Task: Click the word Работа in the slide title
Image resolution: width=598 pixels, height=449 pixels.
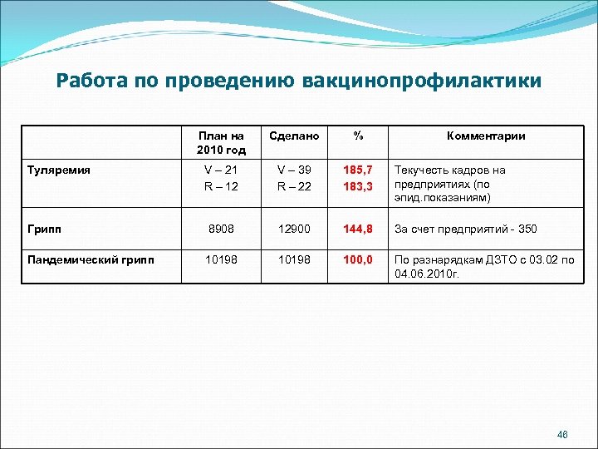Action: point(87,81)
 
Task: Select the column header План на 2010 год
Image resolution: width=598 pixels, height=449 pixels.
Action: point(222,143)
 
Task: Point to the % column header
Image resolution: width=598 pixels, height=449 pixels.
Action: point(358,136)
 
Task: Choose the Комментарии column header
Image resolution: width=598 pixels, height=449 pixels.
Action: point(486,136)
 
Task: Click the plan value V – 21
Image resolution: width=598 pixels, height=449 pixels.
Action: point(222,170)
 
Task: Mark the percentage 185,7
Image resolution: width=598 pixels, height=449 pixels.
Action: point(358,170)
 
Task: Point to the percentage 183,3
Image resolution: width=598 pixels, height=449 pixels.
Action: point(358,186)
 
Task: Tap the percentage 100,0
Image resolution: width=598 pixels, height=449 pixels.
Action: point(358,259)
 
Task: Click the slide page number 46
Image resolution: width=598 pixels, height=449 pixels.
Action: point(562,434)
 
